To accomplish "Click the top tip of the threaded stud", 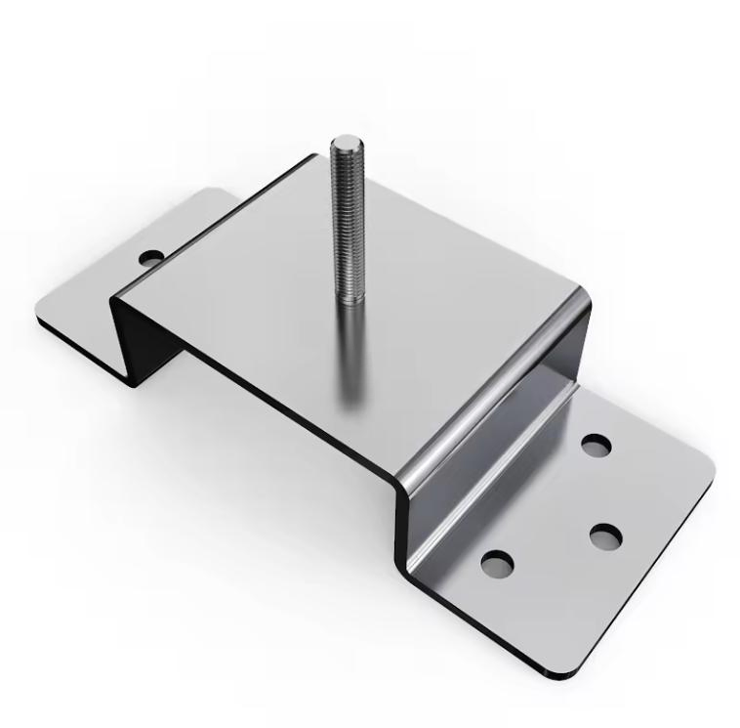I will pyautogui.click(x=343, y=143).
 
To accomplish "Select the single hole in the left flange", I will pyautogui.click(x=150, y=258).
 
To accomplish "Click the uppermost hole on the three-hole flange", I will pyautogui.click(x=596, y=446).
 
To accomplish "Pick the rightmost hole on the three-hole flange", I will pyautogui.click(x=605, y=536).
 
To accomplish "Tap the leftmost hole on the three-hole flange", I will pyautogui.click(x=497, y=563).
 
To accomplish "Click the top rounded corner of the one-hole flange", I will pyautogui.click(x=210, y=193).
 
